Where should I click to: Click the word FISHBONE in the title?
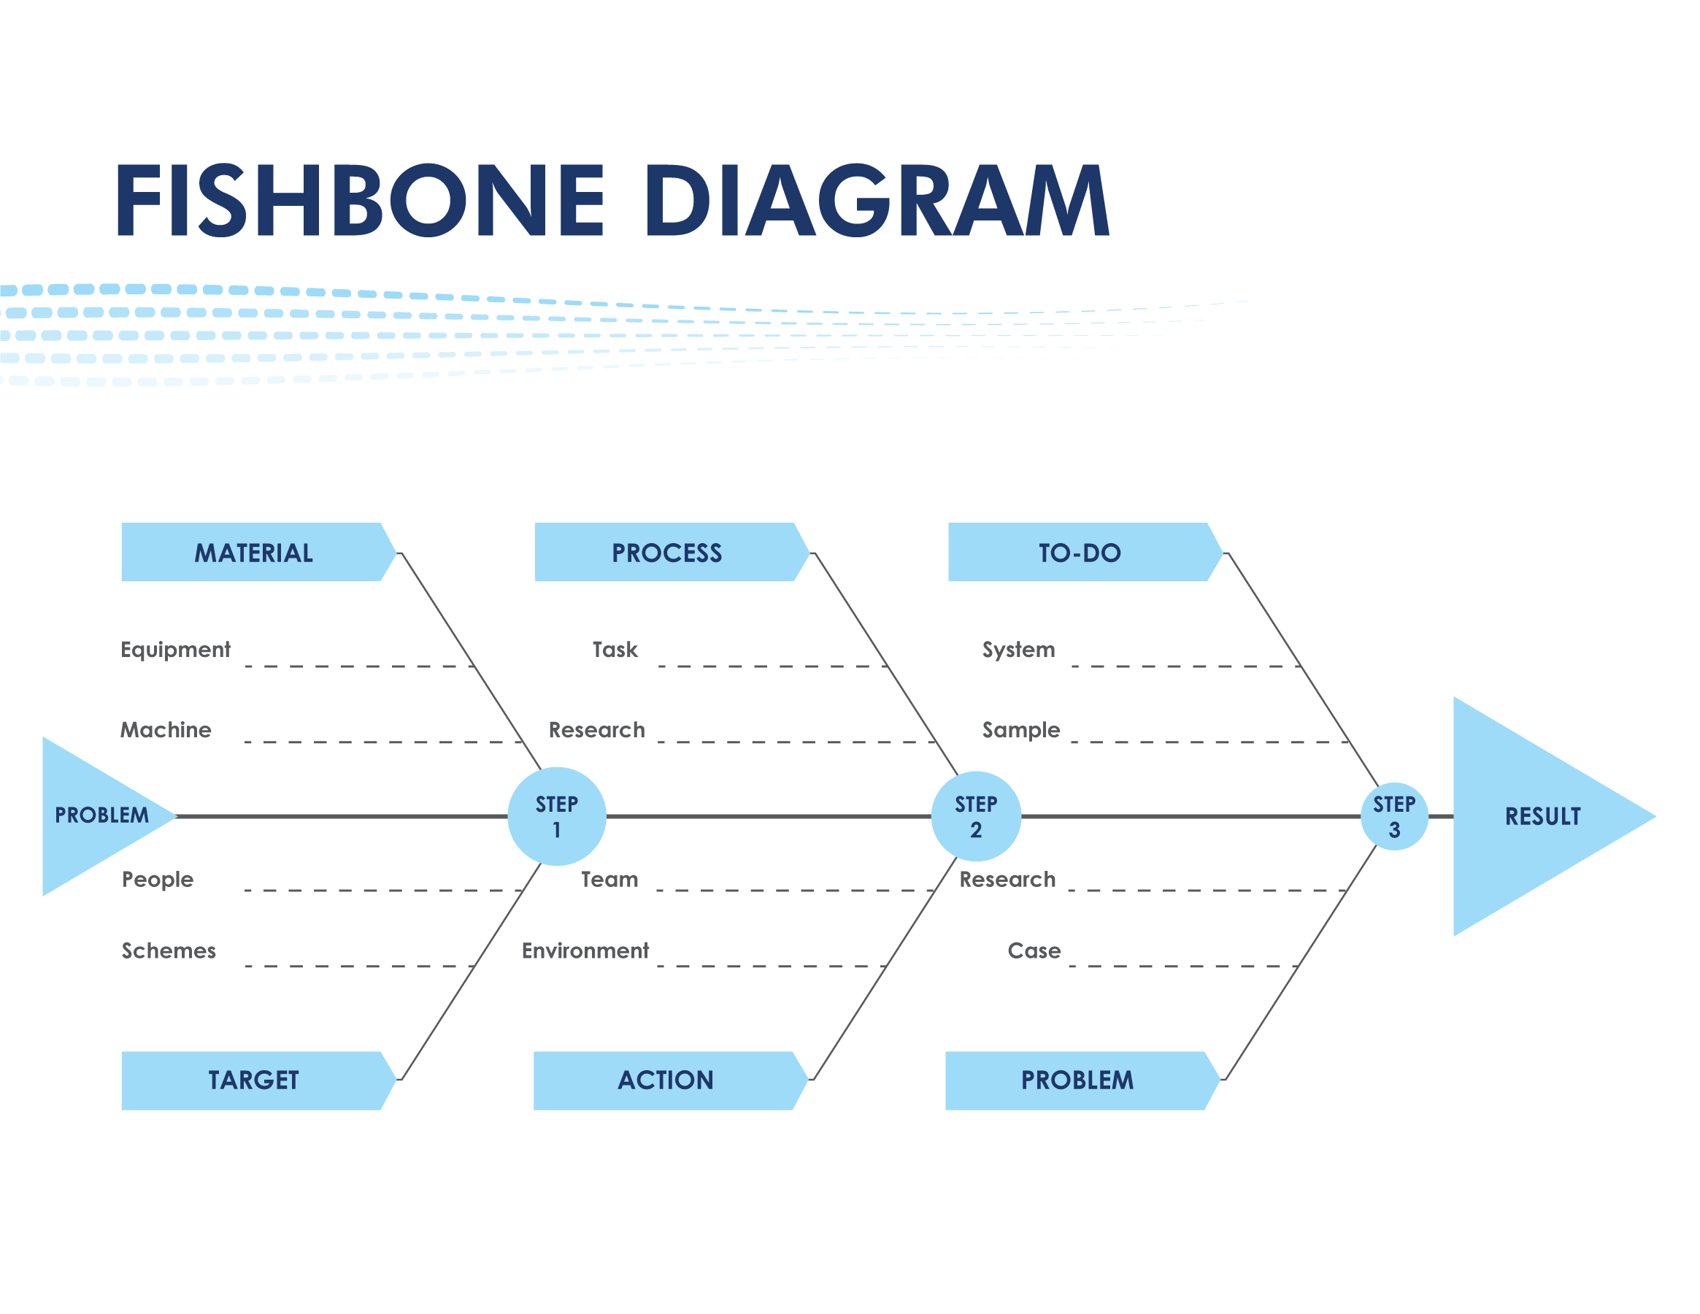(x=359, y=200)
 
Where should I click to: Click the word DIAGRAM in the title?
(x=877, y=200)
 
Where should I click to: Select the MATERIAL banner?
(x=255, y=553)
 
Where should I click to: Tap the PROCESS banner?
(x=667, y=553)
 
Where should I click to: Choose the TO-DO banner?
(x=1080, y=553)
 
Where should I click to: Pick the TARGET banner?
(x=255, y=1080)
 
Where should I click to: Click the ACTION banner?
(x=666, y=1080)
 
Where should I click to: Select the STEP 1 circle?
(x=556, y=817)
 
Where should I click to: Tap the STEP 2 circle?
(x=976, y=817)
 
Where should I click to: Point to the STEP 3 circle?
(x=1394, y=817)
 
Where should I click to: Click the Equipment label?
(x=175, y=650)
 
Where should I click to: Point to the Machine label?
(x=166, y=730)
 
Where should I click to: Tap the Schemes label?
(x=169, y=950)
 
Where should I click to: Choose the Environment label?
(x=585, y=950)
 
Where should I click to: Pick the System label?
(x=1019, y=650)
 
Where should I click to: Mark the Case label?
(x=1034, y=950)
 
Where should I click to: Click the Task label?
(x=615, y=650)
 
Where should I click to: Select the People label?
(x=158, y=880)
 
